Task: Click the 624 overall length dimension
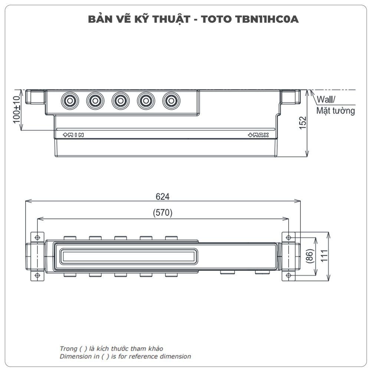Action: [162, 197]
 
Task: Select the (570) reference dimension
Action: [162, 213]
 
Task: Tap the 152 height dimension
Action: [303, 123]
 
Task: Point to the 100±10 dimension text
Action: [16, 110]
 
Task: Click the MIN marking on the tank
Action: [73, 135]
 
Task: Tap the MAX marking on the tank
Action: [258, 135]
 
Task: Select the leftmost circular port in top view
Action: [69, 100]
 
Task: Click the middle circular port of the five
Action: [120, 100]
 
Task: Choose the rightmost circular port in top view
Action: [170, 100]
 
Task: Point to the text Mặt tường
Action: [335, 111]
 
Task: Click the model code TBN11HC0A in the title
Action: [267, 19]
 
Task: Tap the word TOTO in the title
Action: [217, 19]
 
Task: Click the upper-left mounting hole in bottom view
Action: [37, 237]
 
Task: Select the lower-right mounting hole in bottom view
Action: [289, 275]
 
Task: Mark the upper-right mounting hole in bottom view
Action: [289, 237]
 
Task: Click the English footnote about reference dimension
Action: [125, 357]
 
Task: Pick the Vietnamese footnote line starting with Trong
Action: [111, 348]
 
